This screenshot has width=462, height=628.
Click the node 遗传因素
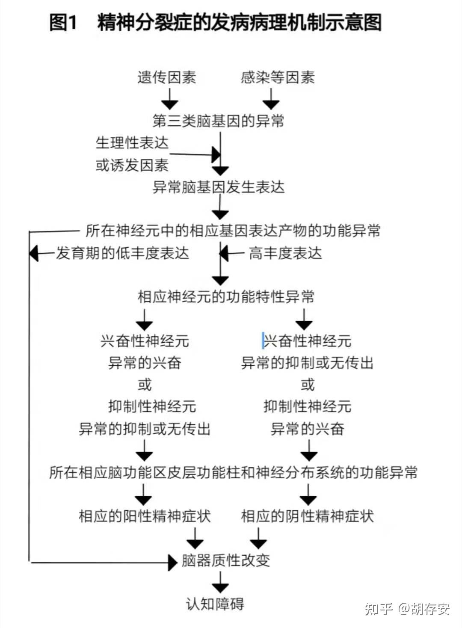167,77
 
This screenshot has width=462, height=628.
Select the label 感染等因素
278,77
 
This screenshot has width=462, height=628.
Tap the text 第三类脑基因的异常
218,121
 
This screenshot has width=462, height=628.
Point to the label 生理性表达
132,143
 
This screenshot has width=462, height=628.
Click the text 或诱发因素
132,165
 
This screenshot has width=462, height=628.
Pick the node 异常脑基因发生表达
218,187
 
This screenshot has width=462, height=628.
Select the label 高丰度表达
285,253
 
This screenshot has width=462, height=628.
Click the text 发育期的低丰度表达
122,253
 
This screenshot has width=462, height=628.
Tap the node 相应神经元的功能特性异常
226,296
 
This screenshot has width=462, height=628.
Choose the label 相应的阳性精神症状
145,516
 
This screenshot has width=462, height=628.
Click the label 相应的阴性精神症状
307,516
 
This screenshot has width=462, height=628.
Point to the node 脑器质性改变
226,560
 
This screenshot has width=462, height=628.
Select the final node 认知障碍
215,604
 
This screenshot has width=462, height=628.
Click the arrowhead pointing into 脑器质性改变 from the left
173,562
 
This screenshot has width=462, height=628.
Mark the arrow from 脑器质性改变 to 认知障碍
220,582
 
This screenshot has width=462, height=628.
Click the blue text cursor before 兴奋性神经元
263,341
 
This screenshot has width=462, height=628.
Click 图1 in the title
63,22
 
